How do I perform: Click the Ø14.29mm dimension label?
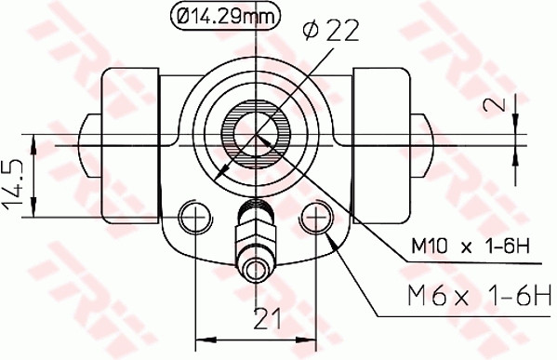217,14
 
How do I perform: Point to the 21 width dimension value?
267,318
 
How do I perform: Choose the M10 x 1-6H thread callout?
470,247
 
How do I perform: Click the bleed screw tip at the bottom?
256,271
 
